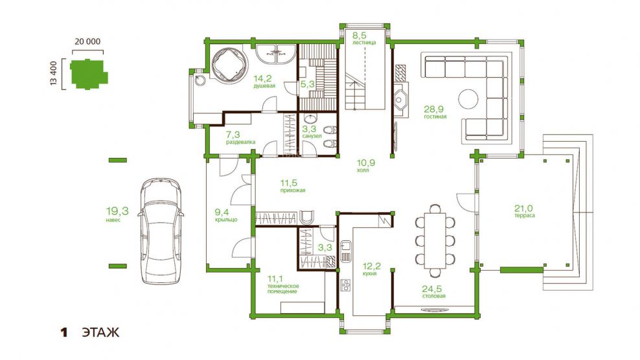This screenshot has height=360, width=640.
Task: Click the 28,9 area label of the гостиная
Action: click(x=433, y=109)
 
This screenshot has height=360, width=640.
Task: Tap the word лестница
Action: click(x=364, y=43)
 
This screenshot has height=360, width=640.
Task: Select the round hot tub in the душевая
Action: click(x=229, y=65)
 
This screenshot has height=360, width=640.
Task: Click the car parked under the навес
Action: click(x=161, y=231)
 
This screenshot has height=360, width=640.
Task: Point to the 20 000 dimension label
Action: click(x=87, y=41)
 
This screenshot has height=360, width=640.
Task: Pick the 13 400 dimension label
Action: click(x=54, y=73)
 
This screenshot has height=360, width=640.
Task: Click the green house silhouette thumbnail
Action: click(x=89, y=74)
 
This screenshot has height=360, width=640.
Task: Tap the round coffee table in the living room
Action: click(x=468, y=99)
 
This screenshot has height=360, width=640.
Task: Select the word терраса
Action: click(x=525, y=216)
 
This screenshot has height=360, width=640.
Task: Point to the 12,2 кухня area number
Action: click(x=371, y=266)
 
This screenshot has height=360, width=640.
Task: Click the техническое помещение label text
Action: click(x=283, y=289)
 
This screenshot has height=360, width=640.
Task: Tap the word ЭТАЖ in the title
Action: click(x=100, y=332)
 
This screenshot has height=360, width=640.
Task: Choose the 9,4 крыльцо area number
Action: click(x=222, y=212)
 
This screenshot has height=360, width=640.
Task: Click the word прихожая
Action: click(x=293, y=190)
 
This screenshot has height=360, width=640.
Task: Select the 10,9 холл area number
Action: click(x=366, y=163)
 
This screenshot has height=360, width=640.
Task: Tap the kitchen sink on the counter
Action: click(x=346, y=246)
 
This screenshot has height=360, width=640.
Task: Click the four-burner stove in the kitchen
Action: click(x=346, y=285)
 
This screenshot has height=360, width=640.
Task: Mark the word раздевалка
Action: click(x=241, y=142)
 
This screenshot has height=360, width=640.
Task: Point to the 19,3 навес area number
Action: click(x=117, y=211)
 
